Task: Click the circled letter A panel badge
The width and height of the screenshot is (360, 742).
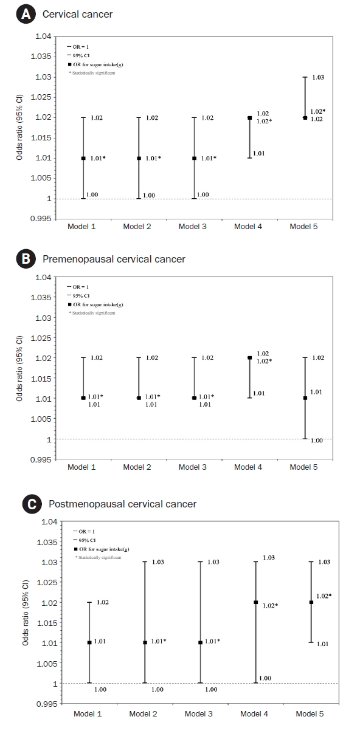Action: point(26,14)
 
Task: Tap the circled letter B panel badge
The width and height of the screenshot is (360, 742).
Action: point(26,259)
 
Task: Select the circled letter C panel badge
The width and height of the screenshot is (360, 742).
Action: point(32,504)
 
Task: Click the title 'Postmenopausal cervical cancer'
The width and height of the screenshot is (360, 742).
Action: point(123,504)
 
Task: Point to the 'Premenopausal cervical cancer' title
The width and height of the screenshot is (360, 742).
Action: point(114,259)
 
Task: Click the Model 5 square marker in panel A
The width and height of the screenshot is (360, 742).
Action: point(305,118)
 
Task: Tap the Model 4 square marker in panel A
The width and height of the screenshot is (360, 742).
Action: point(250,118)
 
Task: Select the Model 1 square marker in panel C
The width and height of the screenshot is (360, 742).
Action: point(89,642)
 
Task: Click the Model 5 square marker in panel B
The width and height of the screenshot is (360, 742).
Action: point(305,398)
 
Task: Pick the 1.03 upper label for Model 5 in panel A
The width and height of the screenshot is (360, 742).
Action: point(318,77)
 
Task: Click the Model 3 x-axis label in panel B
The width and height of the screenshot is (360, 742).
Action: point(193,467)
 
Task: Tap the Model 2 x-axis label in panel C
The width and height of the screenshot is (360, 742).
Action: point(143,714)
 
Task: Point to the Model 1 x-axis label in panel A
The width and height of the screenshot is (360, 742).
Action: point(81,226)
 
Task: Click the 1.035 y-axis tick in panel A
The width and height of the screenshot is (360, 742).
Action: point(41,57)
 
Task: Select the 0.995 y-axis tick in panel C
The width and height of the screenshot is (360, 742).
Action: point(47,704)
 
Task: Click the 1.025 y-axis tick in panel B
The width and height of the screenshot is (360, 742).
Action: point(41,338)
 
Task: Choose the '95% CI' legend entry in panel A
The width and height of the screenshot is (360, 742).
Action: point(78,56)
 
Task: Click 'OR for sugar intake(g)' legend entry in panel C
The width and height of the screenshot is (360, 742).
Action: point(102,549)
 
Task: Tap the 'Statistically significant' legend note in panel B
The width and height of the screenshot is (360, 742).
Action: point(92,313)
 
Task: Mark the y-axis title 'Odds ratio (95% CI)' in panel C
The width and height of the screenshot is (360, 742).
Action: point(26,613)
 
